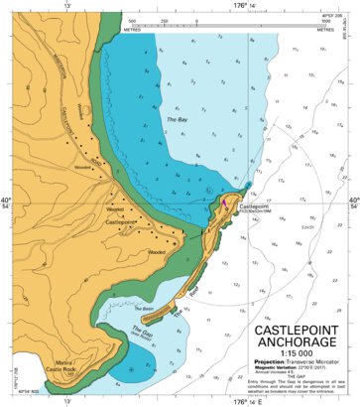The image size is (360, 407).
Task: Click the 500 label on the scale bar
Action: coord(132,19)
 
